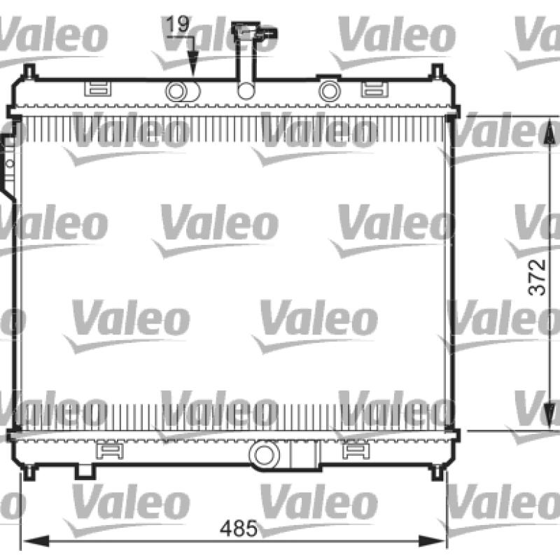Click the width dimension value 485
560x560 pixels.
click(x=238, y=528)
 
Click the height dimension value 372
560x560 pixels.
click(x=537, y=277)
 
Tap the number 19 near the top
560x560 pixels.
click(x=178, y=24)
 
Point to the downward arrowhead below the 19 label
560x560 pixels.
click(x=193, y=63)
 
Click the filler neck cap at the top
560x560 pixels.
click(x=254, y=31)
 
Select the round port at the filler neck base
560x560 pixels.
click(x=246, y=91)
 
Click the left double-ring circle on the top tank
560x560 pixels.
click(x=176, y=91)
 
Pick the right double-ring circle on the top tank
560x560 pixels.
click(x=329, y=91)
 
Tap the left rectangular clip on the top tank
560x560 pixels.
click(x=97, y=89)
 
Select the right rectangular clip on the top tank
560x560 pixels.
click(x=374, y=89)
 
